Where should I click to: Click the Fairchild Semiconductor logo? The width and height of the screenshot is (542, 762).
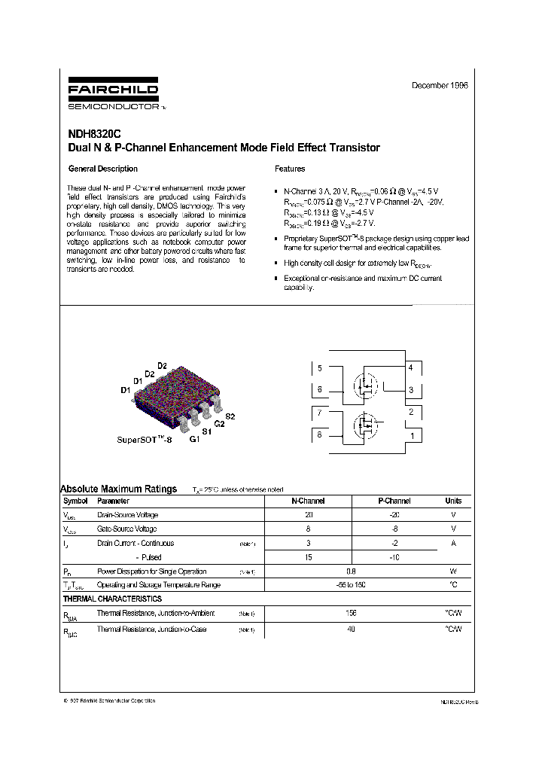113,94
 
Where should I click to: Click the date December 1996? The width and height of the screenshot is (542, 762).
440,86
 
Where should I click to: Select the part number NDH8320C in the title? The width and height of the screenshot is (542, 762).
89,134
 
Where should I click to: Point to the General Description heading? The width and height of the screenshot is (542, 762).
103,169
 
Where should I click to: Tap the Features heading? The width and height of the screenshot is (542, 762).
290,169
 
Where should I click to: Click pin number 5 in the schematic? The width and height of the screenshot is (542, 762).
320,368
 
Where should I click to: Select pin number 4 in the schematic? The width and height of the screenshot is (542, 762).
410,367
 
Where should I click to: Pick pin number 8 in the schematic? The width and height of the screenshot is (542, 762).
320,434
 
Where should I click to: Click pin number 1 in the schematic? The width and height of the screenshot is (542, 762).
411,434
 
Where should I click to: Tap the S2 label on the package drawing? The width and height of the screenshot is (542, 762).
230,416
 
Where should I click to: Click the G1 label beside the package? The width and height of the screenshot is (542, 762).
194,438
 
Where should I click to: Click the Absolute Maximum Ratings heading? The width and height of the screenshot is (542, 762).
118,489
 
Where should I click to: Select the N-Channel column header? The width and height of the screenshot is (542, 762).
308,501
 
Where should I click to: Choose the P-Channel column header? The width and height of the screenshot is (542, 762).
394,501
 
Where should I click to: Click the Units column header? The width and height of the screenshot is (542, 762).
453,501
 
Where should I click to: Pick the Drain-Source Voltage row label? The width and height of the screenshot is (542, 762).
128,515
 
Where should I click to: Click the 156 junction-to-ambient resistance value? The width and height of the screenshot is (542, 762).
351,613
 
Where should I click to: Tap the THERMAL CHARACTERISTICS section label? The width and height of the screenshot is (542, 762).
111,599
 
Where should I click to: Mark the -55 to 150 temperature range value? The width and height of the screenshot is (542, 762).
351,584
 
